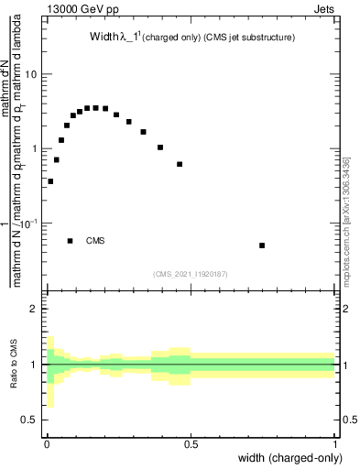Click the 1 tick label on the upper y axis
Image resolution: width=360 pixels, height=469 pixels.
coord(34,148)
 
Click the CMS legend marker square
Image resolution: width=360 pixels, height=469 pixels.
coord(71,241)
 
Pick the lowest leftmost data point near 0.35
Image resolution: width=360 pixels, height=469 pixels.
coord(50,181)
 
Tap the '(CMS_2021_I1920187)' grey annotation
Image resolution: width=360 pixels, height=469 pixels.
coord(191,272)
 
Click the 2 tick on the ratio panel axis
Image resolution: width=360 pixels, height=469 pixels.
coord(34,309)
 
